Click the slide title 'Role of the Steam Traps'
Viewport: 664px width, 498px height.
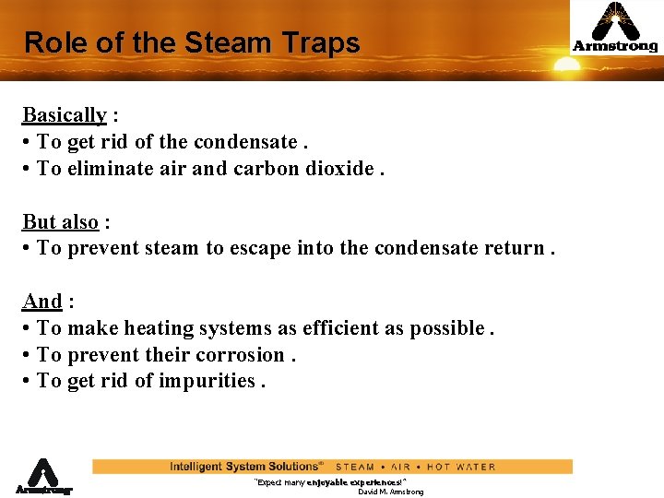coord(192,42)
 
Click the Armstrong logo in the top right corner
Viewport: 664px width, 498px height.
coord(615,28)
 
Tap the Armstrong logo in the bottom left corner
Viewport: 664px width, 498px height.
coord(42,477)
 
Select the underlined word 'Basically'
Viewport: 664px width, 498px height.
coord(64,115)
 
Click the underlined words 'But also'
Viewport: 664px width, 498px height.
coord(60,222)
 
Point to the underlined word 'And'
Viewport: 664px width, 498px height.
coord(41,302)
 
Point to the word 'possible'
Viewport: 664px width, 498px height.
coord(445,328)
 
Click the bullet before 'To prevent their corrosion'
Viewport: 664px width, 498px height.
coord(28,355)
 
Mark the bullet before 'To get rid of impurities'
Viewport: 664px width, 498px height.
coord(28,381)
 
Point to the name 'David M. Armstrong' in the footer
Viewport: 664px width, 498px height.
coord(390,492)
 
